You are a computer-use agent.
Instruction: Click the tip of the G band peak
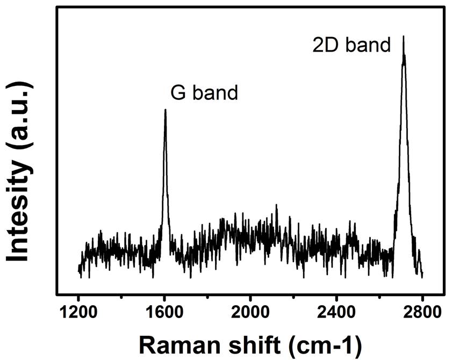pyautogui.click(x=165, y=110)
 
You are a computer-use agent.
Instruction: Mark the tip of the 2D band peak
pyautogui.click(x=403, y=36)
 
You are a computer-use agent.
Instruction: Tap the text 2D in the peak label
pyautogui.click(x=324, y=45)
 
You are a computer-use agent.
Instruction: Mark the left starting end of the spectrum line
pyautogui.click(x=78, y=268)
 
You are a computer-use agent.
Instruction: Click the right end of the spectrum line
pyautogui.click(x=423, y=274)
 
